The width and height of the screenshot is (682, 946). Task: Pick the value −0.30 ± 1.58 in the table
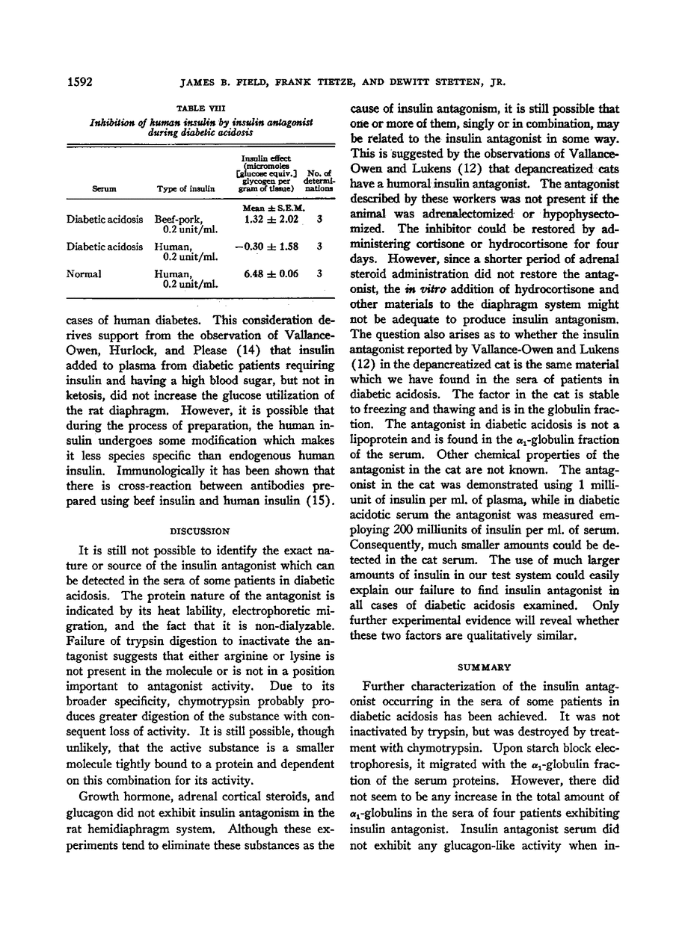pos(265,246)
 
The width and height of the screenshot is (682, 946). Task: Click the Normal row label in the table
pos(85,273)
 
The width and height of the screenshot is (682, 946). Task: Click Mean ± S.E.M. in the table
pos(268,207)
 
